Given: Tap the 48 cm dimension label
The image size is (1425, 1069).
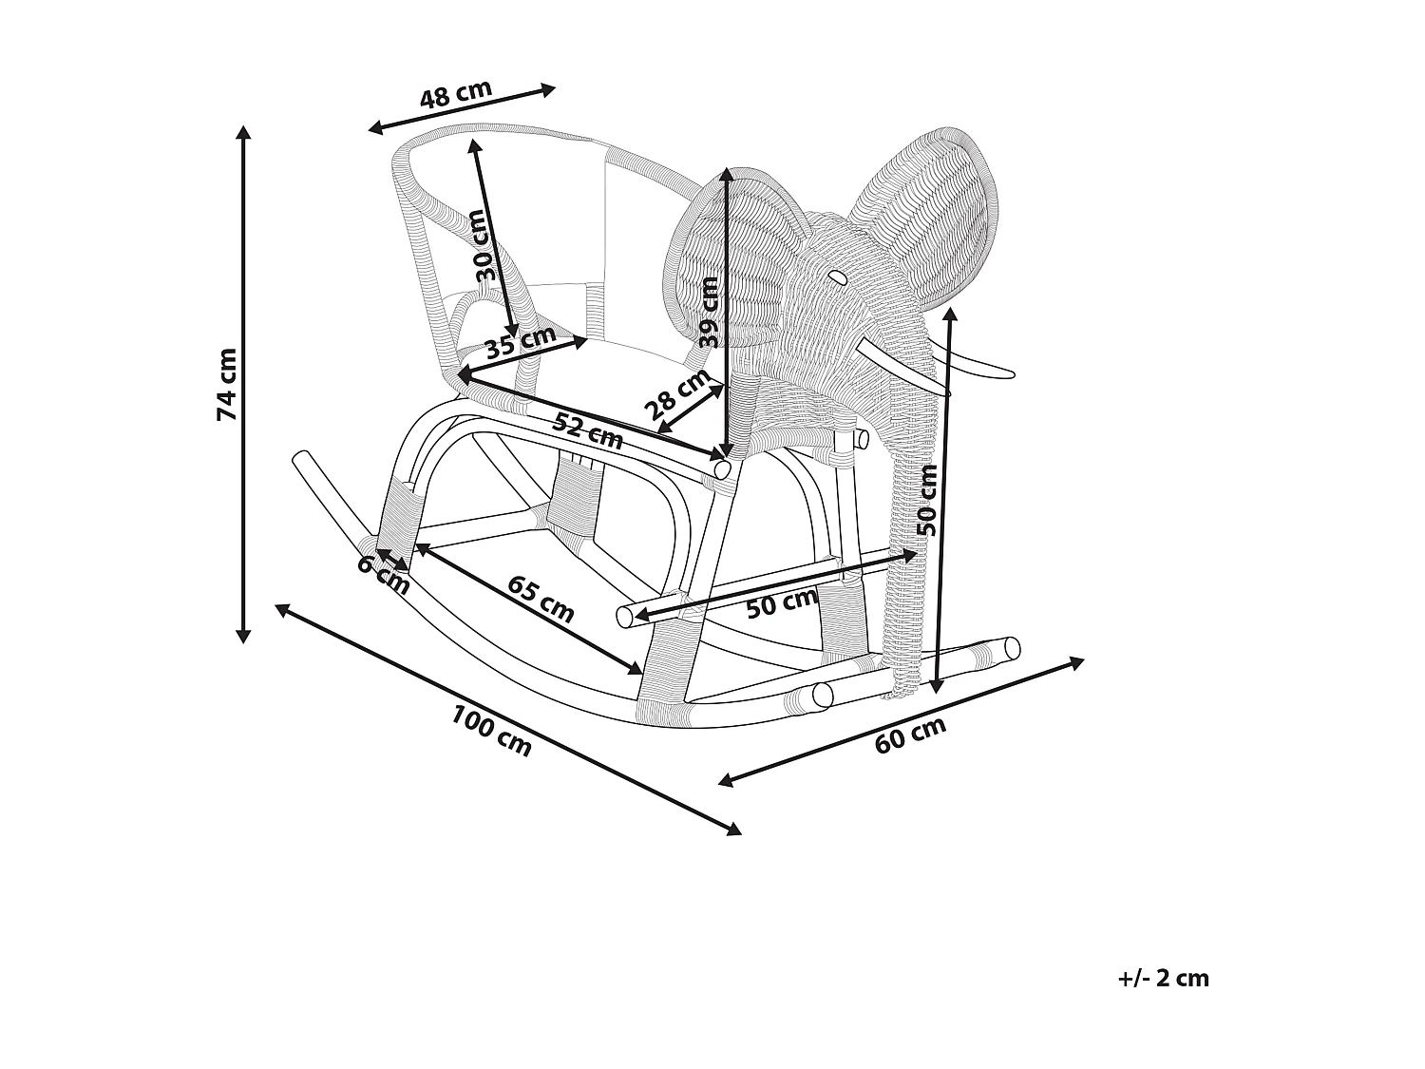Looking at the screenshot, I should coord(456,95).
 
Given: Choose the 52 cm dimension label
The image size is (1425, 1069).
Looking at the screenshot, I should coord(588,431).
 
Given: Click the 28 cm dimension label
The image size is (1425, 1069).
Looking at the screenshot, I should coord(677,394).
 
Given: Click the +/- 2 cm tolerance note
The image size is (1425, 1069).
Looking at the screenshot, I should coord(1164,979).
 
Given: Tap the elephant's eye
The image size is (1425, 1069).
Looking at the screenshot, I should coord(838,277).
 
